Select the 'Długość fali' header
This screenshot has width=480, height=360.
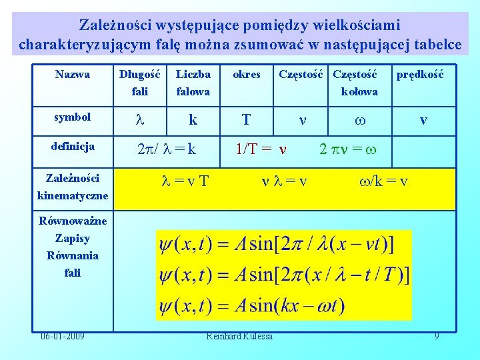[x=139, y=83]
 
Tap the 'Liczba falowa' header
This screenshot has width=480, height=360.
[x=193, y=83]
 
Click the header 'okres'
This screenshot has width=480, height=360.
[x=246, y=75]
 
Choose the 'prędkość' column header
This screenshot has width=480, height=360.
[x=419, y=75]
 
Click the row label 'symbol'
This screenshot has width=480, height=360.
[x=72, y=117]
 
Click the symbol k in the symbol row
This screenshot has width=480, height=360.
[x=193, y=120]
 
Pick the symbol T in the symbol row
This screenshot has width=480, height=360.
[x=246, y=120]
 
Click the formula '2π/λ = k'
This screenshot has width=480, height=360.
[x=166, y=149]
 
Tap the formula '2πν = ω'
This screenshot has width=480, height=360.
[x=348, y=149]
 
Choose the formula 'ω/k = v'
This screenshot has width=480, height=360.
[x=383, y=180]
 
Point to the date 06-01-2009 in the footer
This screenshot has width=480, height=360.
[x=61, y=336]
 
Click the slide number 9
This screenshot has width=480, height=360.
[x=437, y=336]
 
